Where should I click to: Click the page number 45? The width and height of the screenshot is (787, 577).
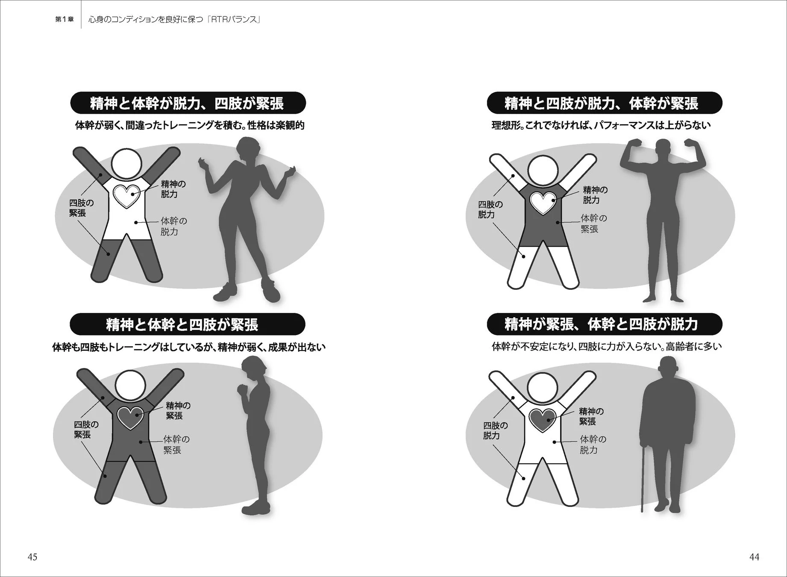tap(32, 556)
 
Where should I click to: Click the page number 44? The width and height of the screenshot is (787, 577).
tap(754, 556)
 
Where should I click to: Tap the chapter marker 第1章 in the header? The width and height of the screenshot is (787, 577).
tap(65, 19)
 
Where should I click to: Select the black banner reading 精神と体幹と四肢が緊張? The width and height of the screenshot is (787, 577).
tap(187, 324)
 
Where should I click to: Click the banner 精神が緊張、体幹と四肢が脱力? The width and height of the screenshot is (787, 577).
tap(605, 324)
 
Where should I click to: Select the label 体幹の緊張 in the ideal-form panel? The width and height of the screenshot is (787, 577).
tap(593, 224)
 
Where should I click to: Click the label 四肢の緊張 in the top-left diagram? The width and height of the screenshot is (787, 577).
tap(81, 208)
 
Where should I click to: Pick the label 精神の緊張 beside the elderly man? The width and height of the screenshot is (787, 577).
tap(591, 416)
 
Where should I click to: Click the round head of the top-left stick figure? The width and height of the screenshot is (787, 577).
tap(126, 164)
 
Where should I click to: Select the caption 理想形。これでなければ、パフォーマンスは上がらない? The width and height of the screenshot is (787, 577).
tap(601, 125)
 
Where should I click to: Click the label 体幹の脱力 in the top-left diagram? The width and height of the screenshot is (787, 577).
tap(174, 227)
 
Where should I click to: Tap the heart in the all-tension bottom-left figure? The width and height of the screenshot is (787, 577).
tap(130, 417)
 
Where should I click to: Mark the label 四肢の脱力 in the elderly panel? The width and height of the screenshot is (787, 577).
tap(496, 430)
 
